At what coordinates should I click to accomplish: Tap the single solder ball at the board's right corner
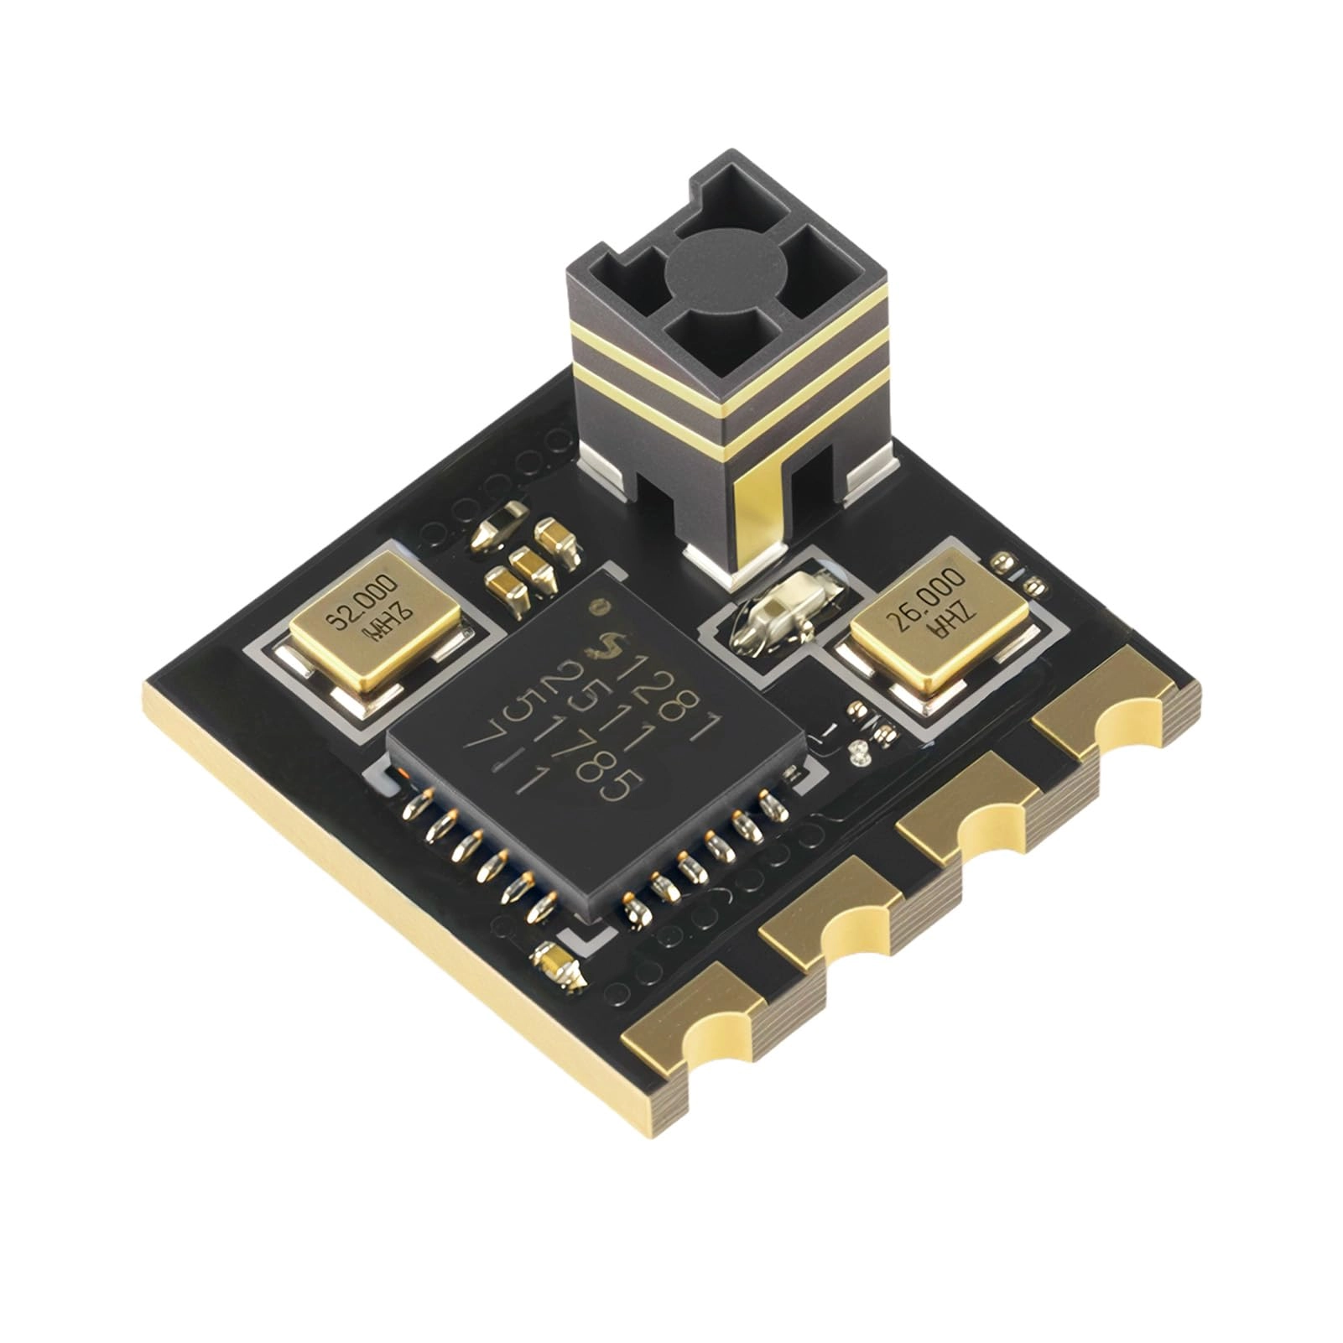click(x=1000, y=560)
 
